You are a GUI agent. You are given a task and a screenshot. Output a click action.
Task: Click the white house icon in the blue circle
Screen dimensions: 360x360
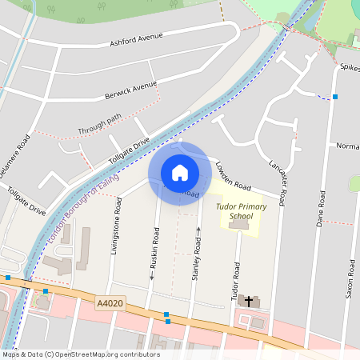(x=180, y=173)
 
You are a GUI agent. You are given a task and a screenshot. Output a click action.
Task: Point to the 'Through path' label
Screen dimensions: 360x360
(x=99, y=124)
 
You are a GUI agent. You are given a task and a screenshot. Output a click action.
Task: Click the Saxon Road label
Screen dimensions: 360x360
(x=350, y=278)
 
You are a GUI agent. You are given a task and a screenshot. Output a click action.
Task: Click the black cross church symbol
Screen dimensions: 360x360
(x=248, y=302)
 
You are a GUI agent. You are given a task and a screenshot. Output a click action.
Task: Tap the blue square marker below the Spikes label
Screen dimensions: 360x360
(x=335, y=97)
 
